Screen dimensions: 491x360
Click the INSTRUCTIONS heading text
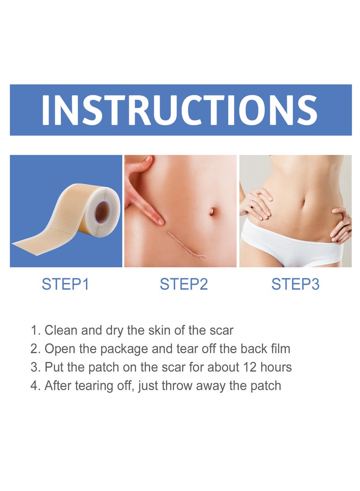180,110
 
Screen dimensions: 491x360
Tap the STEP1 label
65,284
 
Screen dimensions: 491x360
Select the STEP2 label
184,284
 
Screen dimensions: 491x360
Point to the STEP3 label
295,284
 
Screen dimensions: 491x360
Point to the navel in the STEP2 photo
211,211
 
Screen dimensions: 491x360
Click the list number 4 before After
34,386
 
